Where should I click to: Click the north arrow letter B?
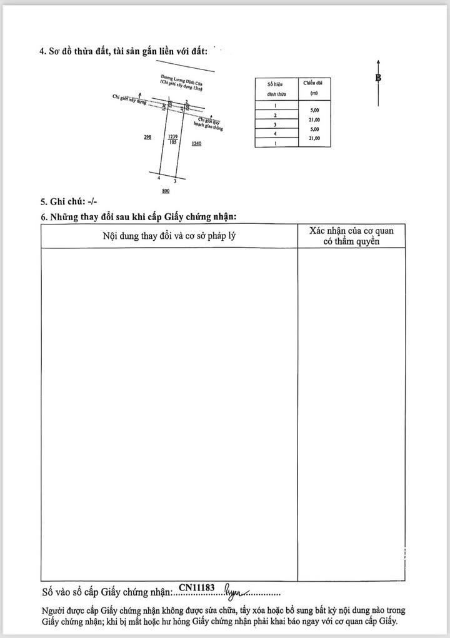pyautogui.click(x=378, y=78)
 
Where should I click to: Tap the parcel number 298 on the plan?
pyautogui.click(x=147, y=138)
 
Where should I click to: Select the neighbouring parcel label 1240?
pyautogui.click(x=197, y=144)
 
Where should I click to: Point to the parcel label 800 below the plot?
pyautogui.click(x=166, y=191)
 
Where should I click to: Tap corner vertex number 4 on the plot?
pyautogui.click(x=159, y=178)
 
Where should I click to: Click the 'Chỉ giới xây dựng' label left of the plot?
pyautogui.click(x=128, y=99)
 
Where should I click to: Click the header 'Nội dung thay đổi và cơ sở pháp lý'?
pyautogui.click(x=169, y=236)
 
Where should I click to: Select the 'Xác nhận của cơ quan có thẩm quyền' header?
pyautogui.click(x=351, y=236)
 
